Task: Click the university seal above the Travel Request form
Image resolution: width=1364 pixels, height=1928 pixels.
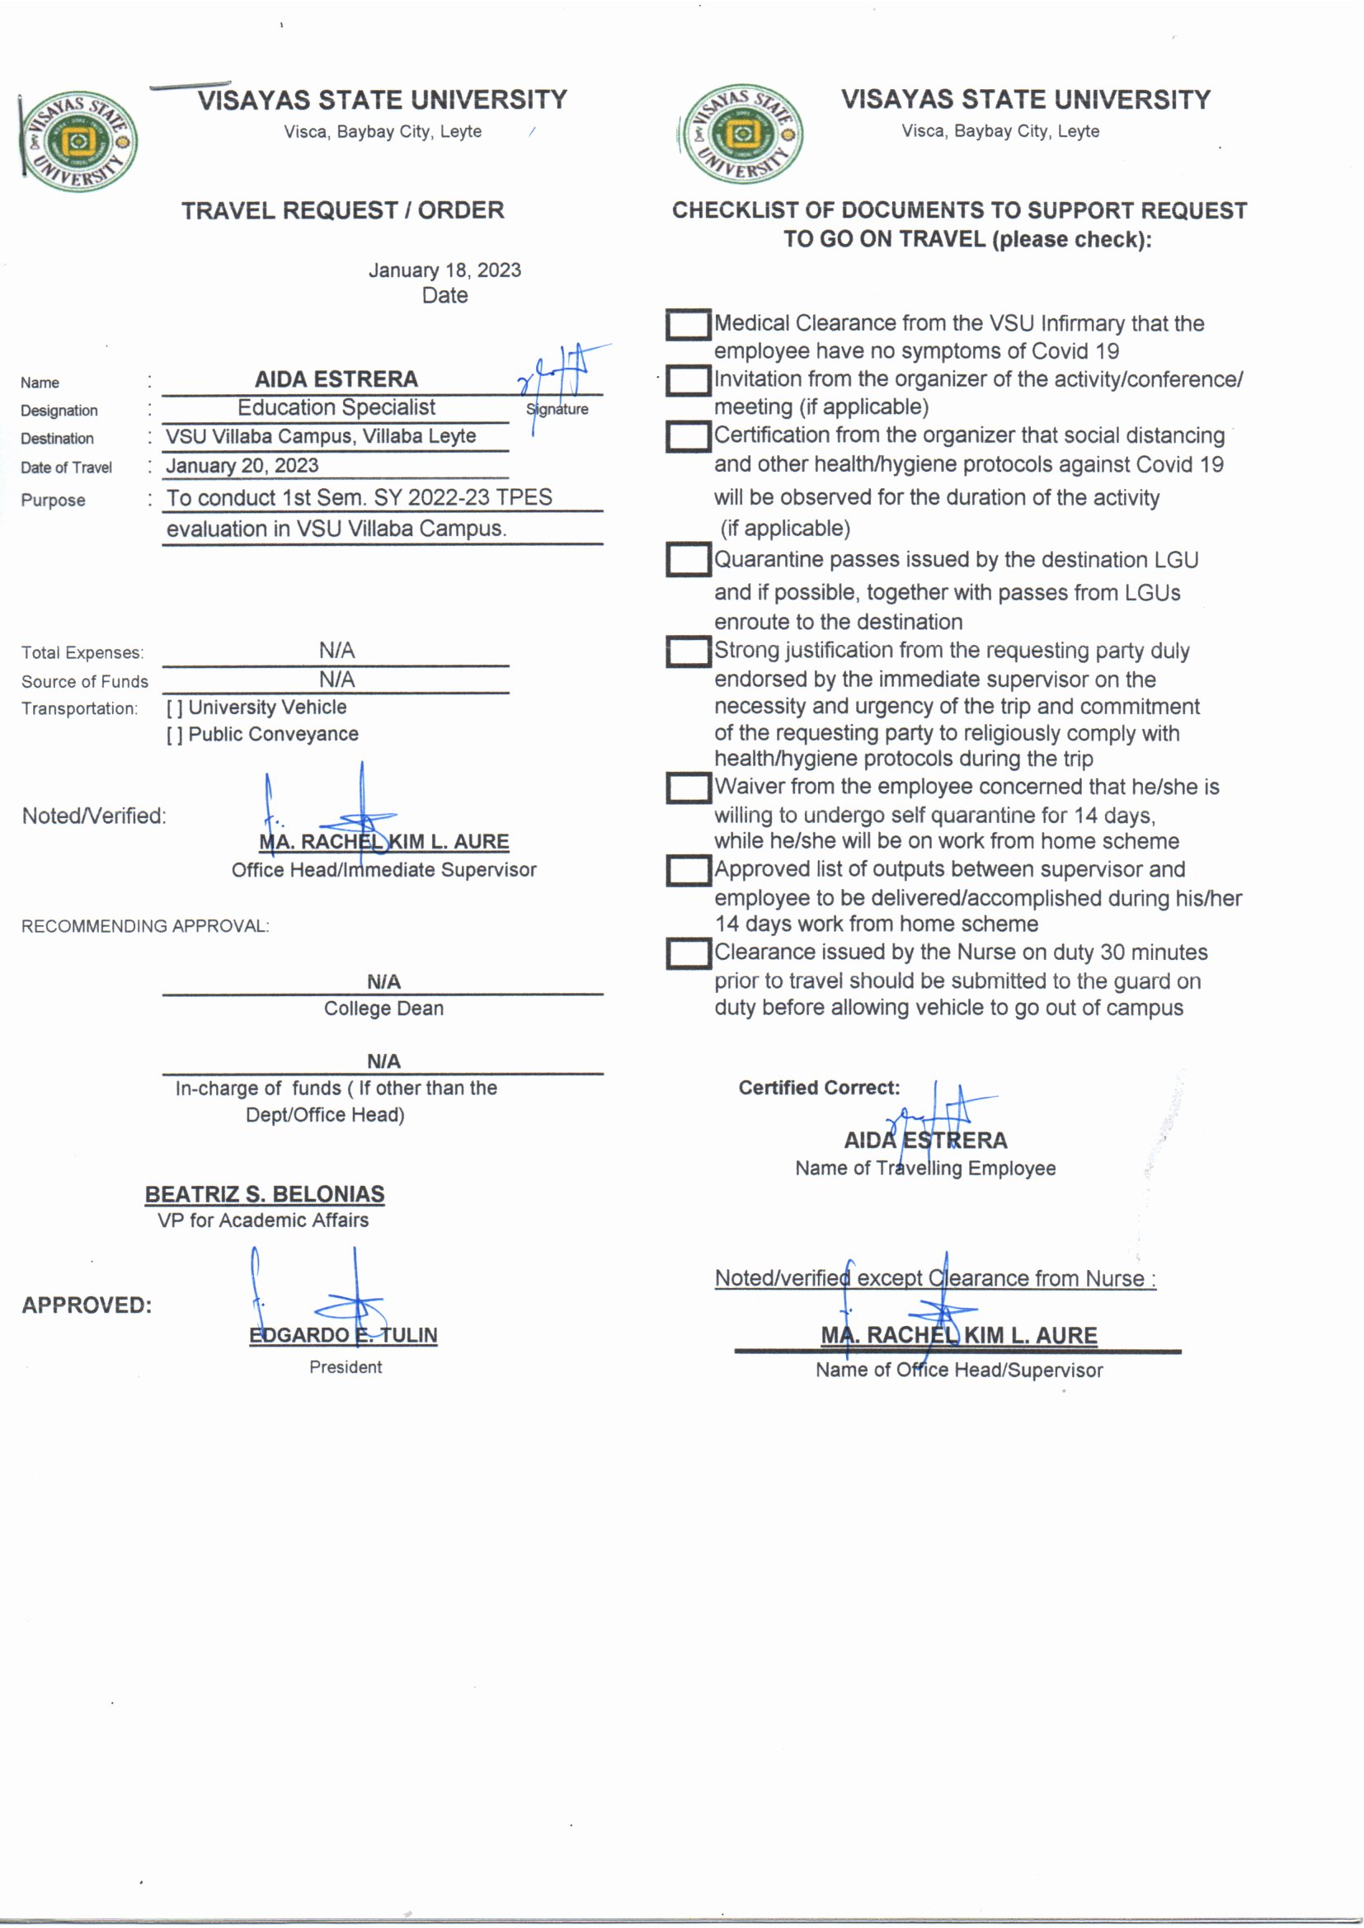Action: tap(79, 141)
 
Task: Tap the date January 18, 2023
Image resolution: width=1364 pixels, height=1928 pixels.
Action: tap(444, 270)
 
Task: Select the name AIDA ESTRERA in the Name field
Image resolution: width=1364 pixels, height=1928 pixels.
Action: tap(336, 379)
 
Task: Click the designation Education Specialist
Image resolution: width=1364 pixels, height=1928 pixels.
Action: tap(336, 408)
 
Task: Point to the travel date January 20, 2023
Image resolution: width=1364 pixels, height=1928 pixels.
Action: tap(242, 466)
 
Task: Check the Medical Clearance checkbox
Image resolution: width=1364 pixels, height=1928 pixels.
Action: tap(688, 324)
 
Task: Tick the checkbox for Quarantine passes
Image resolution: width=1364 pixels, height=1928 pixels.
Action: tap(688, 560)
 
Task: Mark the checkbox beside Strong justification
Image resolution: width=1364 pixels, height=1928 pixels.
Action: tap(688, 651)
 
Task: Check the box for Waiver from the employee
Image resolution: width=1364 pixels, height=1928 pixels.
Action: tap(688, 788)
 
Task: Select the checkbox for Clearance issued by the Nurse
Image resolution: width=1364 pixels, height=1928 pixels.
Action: tap(688, 953)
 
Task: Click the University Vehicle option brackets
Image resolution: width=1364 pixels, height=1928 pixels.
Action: tap(174, 708)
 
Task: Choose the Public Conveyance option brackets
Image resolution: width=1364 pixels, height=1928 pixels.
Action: tap(174, 736)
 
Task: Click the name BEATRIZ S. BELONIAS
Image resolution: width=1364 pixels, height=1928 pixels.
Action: tap(265, 1194)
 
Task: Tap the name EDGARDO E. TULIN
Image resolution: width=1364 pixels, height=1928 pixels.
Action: tap(343, 1335)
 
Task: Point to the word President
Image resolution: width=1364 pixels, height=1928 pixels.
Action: tap(346, 1367)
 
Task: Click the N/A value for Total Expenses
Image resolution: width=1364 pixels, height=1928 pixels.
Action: tap(336, 651)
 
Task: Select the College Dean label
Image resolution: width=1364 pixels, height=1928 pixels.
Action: tap(383, 1009)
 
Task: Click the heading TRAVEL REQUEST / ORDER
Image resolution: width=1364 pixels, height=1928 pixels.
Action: tap(343, 210)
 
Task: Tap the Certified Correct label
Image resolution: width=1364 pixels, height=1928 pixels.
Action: tap(819, 1089)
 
